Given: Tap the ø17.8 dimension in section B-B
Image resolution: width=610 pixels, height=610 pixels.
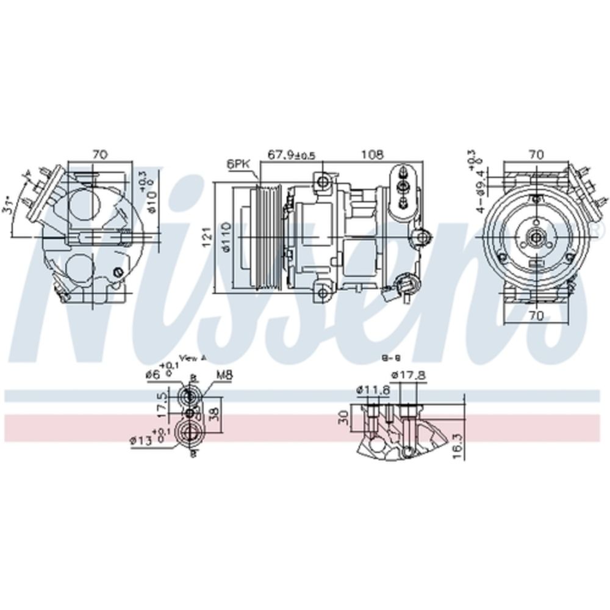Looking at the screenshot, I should [408, 376].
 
